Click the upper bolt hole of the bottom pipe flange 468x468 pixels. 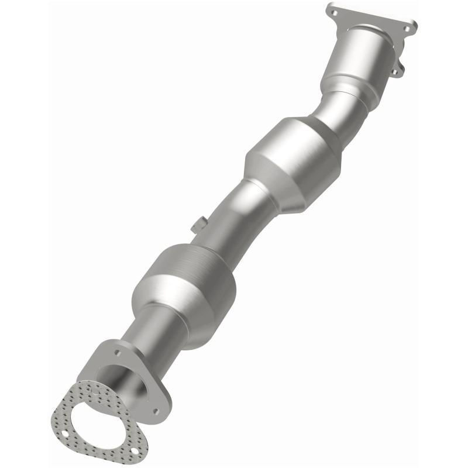tap(118, 354)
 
